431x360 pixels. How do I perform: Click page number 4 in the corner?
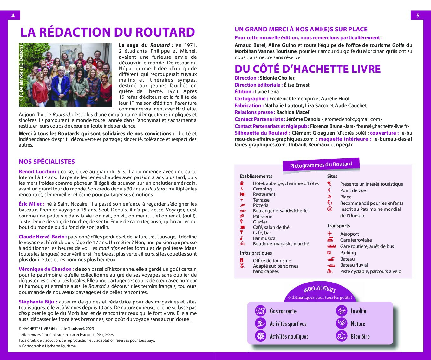point(13,16)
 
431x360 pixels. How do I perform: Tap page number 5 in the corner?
point(418,16)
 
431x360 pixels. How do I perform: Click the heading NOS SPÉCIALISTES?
point(47,162)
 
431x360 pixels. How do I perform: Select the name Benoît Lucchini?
point(37,172)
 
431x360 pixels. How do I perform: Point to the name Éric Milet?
point(30,204)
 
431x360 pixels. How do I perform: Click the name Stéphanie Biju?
point(36,302)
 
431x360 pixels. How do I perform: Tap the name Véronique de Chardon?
point(45,269)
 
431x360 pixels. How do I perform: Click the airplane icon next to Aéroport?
point(330,234)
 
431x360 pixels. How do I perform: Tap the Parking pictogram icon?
point(329,253)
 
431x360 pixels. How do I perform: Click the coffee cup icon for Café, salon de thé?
point(243,227)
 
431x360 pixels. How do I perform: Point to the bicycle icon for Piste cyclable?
point(330,271)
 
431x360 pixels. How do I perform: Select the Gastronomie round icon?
point(260,310)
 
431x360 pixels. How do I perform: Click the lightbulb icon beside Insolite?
point(342,310)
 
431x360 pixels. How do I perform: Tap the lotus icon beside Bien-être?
point(342,336)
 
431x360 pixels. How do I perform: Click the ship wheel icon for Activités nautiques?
point(260,336)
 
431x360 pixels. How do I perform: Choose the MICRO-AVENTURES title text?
point(319,289)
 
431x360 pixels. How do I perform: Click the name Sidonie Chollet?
point(277,78)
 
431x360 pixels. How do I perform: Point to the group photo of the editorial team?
point(65,75)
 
